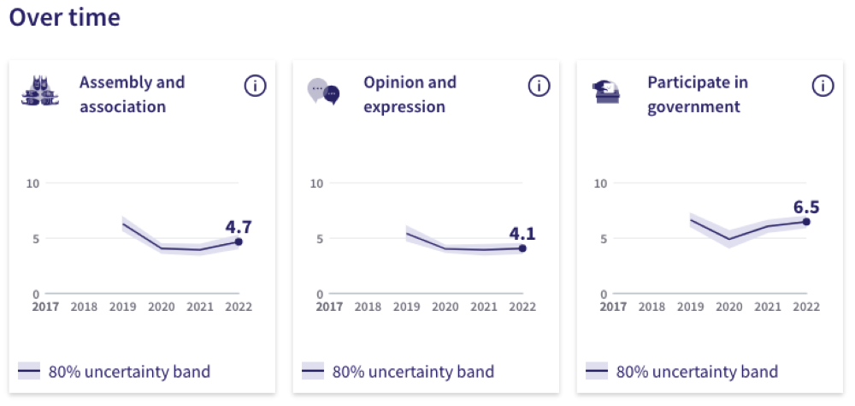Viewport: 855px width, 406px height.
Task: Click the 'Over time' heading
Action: click(x=65, y=17)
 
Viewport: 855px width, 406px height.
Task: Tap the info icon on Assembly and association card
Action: click(x=255, y=86)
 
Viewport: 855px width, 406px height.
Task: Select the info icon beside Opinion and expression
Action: click(x=539, y=86)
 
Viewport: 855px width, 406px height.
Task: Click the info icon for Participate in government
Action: click(x=823, y=86)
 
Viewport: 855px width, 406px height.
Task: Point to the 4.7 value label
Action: click(x=239, y=227)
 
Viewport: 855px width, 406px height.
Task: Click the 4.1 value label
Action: click(x=522, y=233)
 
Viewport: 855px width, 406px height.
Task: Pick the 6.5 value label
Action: click(x=806, y=206)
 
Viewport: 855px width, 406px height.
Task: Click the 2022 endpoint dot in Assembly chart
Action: click(x=239, y=242)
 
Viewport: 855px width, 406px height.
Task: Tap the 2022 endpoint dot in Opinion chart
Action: click(x=522, y=248)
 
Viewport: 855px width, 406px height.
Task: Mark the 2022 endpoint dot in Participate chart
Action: click(x=806, y=222)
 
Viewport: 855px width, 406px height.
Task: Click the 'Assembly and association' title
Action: click(x=132, y=94)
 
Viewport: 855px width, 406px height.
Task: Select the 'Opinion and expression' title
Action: click(x=410, y=94)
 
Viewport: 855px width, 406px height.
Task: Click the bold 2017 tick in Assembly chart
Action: click(x=45, y=306)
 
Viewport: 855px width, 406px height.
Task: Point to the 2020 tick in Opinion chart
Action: click(x=445, y=306)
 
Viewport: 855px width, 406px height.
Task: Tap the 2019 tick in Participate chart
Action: click(x=691, y=306)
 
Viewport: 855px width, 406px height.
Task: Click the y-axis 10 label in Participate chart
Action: click(x=600, y=183)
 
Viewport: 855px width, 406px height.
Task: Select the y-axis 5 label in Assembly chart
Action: click(x=36, y=239)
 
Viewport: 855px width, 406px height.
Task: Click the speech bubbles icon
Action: click(x=323, y=91)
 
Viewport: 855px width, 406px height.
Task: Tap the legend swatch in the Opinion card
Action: click(x=313, y=371)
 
